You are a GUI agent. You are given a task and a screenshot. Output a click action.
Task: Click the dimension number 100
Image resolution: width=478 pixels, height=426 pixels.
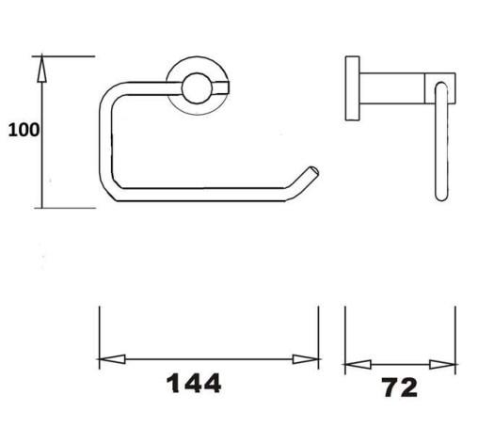click(x=24, y=130)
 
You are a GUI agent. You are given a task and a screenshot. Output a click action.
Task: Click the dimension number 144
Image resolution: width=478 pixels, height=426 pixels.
click(x=194, y=384)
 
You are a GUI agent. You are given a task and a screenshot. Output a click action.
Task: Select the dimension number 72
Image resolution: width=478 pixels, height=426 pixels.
click(x=400, y=387)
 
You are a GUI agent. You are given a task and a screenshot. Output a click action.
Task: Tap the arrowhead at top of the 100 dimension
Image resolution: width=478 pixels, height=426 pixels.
click(x=41, y=69)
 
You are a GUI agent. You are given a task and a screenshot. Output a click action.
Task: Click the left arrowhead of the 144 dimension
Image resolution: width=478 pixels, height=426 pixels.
click(x=112, y=359)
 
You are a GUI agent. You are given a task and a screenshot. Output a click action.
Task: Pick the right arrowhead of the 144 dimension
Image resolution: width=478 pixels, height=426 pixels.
click(x=306, y=359)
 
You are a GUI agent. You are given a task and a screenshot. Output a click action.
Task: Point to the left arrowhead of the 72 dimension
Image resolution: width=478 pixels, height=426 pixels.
click(x=358, y=365)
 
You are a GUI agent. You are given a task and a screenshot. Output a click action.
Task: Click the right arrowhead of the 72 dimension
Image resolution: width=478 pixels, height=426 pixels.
click(x=442, y=365)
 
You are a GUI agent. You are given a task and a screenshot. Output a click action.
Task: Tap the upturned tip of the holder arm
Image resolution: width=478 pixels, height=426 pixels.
click(x=312, y=172)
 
